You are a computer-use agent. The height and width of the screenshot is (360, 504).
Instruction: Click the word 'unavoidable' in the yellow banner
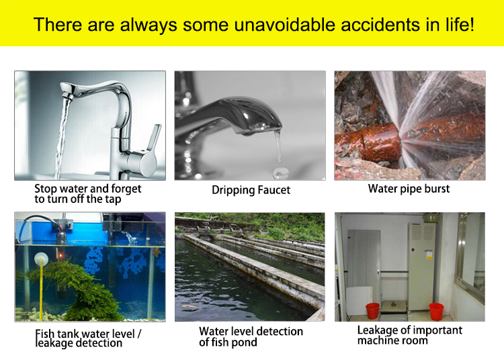pos(284,24)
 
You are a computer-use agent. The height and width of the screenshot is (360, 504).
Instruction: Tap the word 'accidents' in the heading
pos(380,25)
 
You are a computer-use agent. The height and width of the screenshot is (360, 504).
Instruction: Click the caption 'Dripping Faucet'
pos(251,190)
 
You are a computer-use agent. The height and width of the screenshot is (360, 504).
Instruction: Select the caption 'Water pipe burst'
pos(409,189)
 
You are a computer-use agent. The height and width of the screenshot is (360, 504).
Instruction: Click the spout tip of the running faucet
pos(67,95)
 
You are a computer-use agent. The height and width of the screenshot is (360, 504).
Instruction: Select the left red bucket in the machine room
pos(372,310)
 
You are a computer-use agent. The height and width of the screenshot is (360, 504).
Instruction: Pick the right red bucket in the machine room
pos(437,311)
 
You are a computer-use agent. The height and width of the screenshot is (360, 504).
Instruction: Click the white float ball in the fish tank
pos(41,259)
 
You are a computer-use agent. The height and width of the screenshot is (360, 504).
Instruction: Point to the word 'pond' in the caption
pos(243,343)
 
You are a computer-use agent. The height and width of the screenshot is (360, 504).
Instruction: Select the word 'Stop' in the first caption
pos(46,189)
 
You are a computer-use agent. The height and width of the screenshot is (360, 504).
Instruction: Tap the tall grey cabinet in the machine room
pos(421,266)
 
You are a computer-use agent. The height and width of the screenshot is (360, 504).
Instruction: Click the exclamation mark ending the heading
pos(471,24)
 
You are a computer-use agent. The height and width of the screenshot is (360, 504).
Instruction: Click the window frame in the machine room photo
pos(459,251)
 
